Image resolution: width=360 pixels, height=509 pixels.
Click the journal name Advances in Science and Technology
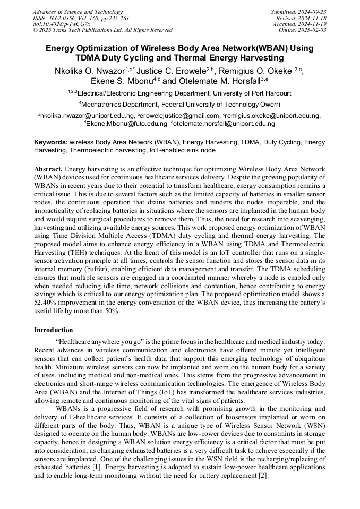(x=78, y=12)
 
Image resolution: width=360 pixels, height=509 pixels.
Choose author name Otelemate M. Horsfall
(x=220, y=81)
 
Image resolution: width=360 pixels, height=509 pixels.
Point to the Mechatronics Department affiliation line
(x=179, y=104)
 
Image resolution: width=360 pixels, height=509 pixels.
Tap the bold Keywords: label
(x=51, y=142)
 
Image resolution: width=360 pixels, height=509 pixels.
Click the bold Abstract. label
(x=48, y=168)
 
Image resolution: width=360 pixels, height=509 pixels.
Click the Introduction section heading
(x=54, y=330)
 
